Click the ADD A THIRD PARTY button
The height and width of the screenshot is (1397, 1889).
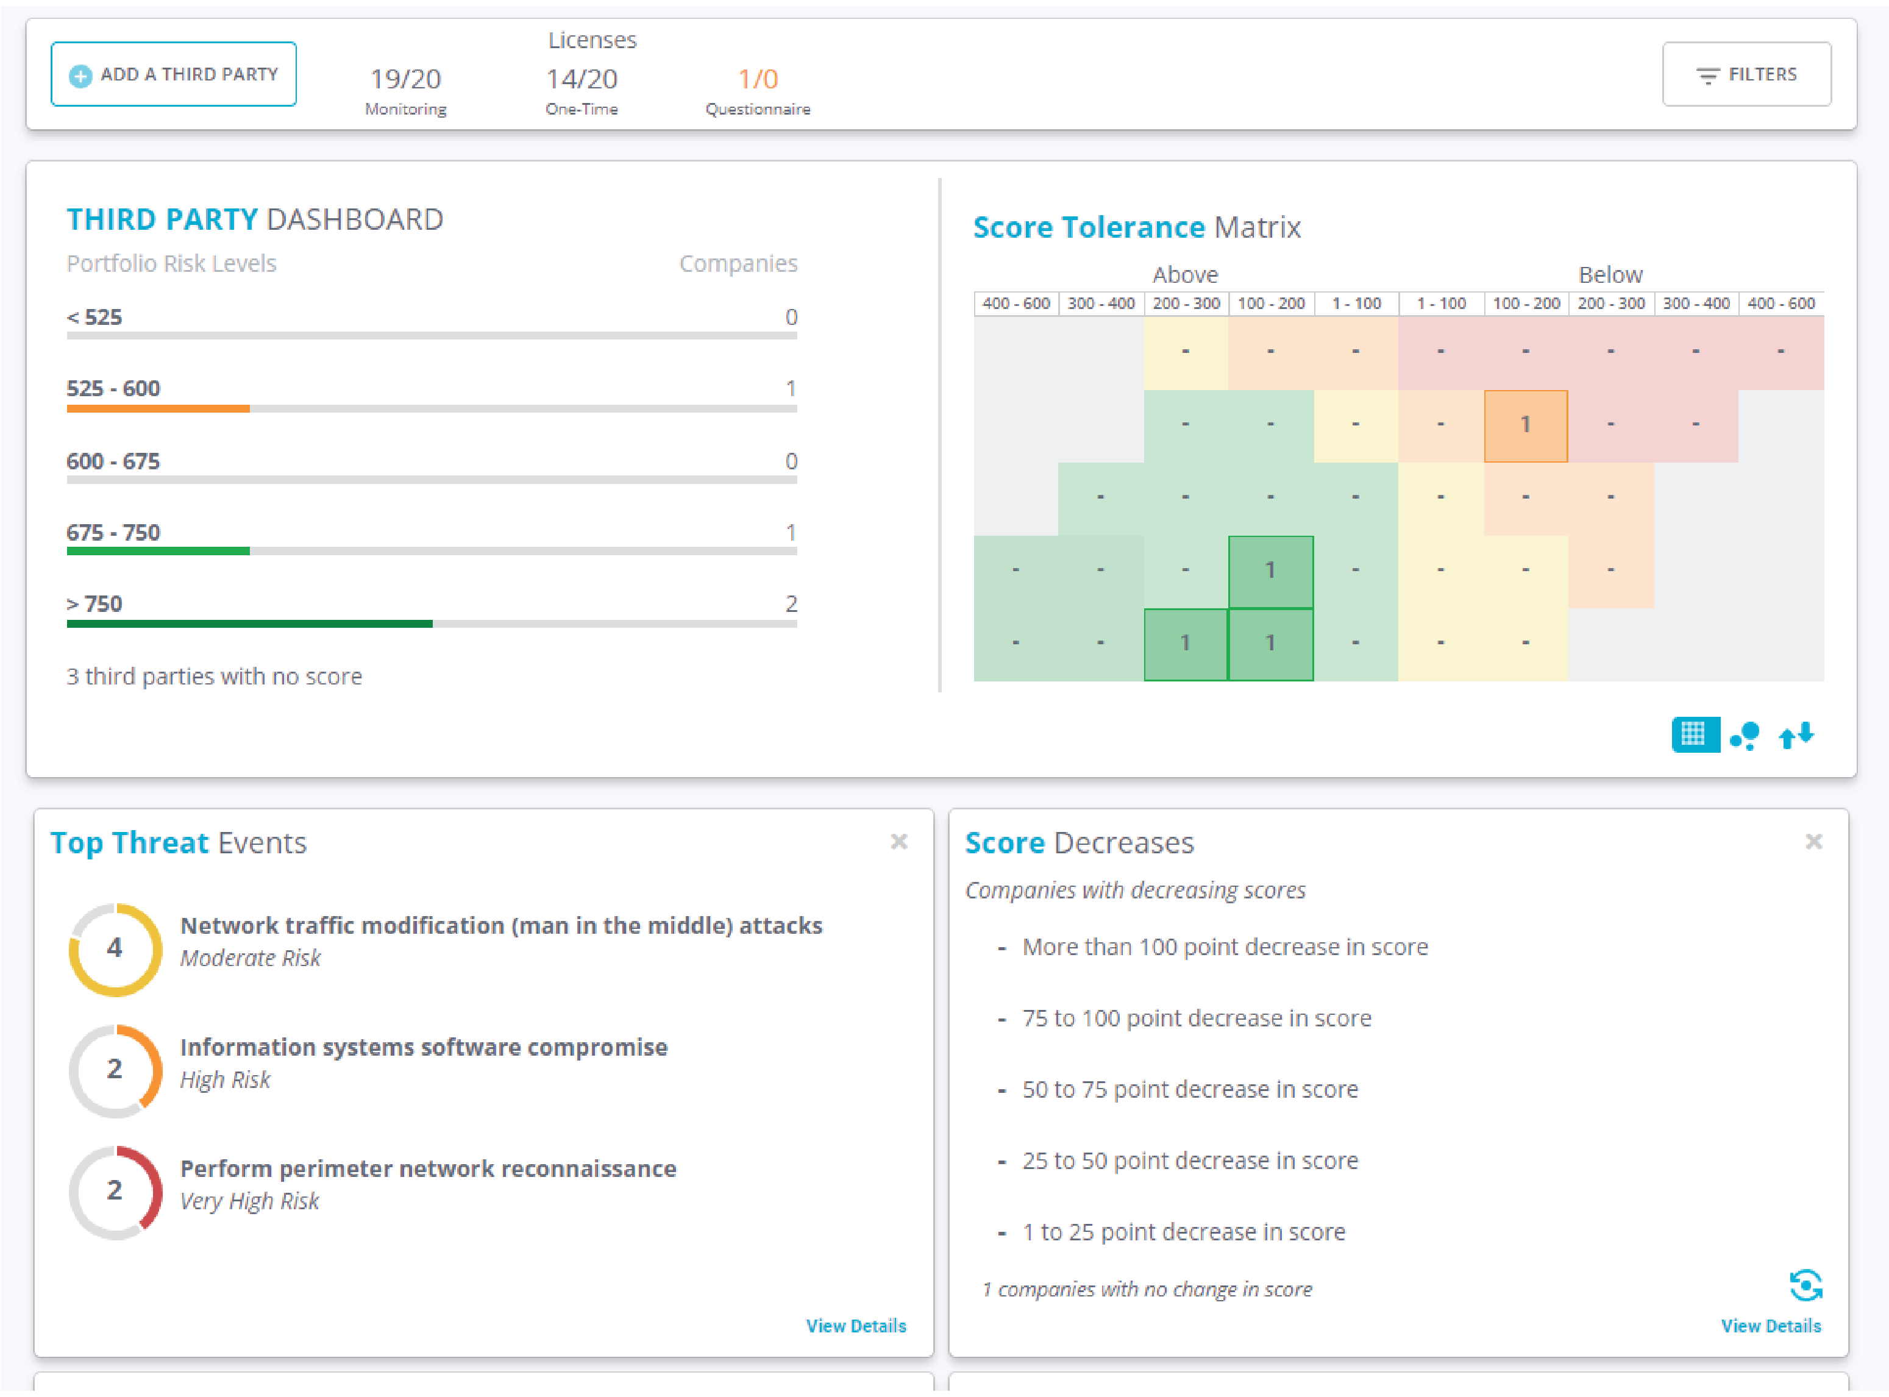[173, 74]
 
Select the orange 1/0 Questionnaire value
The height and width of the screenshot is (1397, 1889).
[758, 79]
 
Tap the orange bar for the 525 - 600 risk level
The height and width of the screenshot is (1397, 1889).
[158, 408]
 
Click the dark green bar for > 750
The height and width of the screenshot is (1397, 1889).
[249, 624]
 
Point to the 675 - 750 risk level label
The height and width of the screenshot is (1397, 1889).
[113, 533]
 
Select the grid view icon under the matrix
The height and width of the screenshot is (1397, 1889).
[1694, 734]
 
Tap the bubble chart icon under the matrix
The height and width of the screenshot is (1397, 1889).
[1745, 735]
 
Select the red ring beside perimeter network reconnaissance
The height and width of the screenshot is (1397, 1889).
[115, 1192]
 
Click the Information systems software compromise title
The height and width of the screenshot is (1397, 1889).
[424, 1047]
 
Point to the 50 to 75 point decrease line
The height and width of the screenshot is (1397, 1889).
[1190, 1089]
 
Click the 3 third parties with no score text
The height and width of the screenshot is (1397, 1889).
[214, 677]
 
